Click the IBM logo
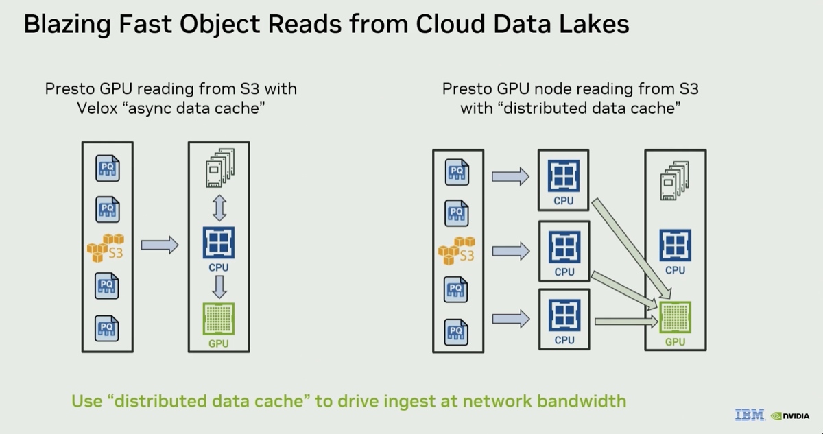pos(750,415)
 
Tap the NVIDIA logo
pos(790,416)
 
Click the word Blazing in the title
pos(67,25)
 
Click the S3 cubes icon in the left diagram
pos(106,248)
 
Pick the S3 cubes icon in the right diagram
pos(457,251)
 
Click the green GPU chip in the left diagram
pos(219,319)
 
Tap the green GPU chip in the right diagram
pos(676,317)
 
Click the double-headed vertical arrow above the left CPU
pos(219,208)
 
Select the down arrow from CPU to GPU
pos(219,287)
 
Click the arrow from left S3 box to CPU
pos(160,245)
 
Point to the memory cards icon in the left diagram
pos(220,168)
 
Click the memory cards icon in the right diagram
pos(675,180)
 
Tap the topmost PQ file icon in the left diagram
pos(107,168)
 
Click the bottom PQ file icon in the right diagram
pos(456,333)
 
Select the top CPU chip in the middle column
pos(564,176)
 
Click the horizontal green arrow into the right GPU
pos(626,322)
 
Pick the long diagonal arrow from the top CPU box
pos(631,248)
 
